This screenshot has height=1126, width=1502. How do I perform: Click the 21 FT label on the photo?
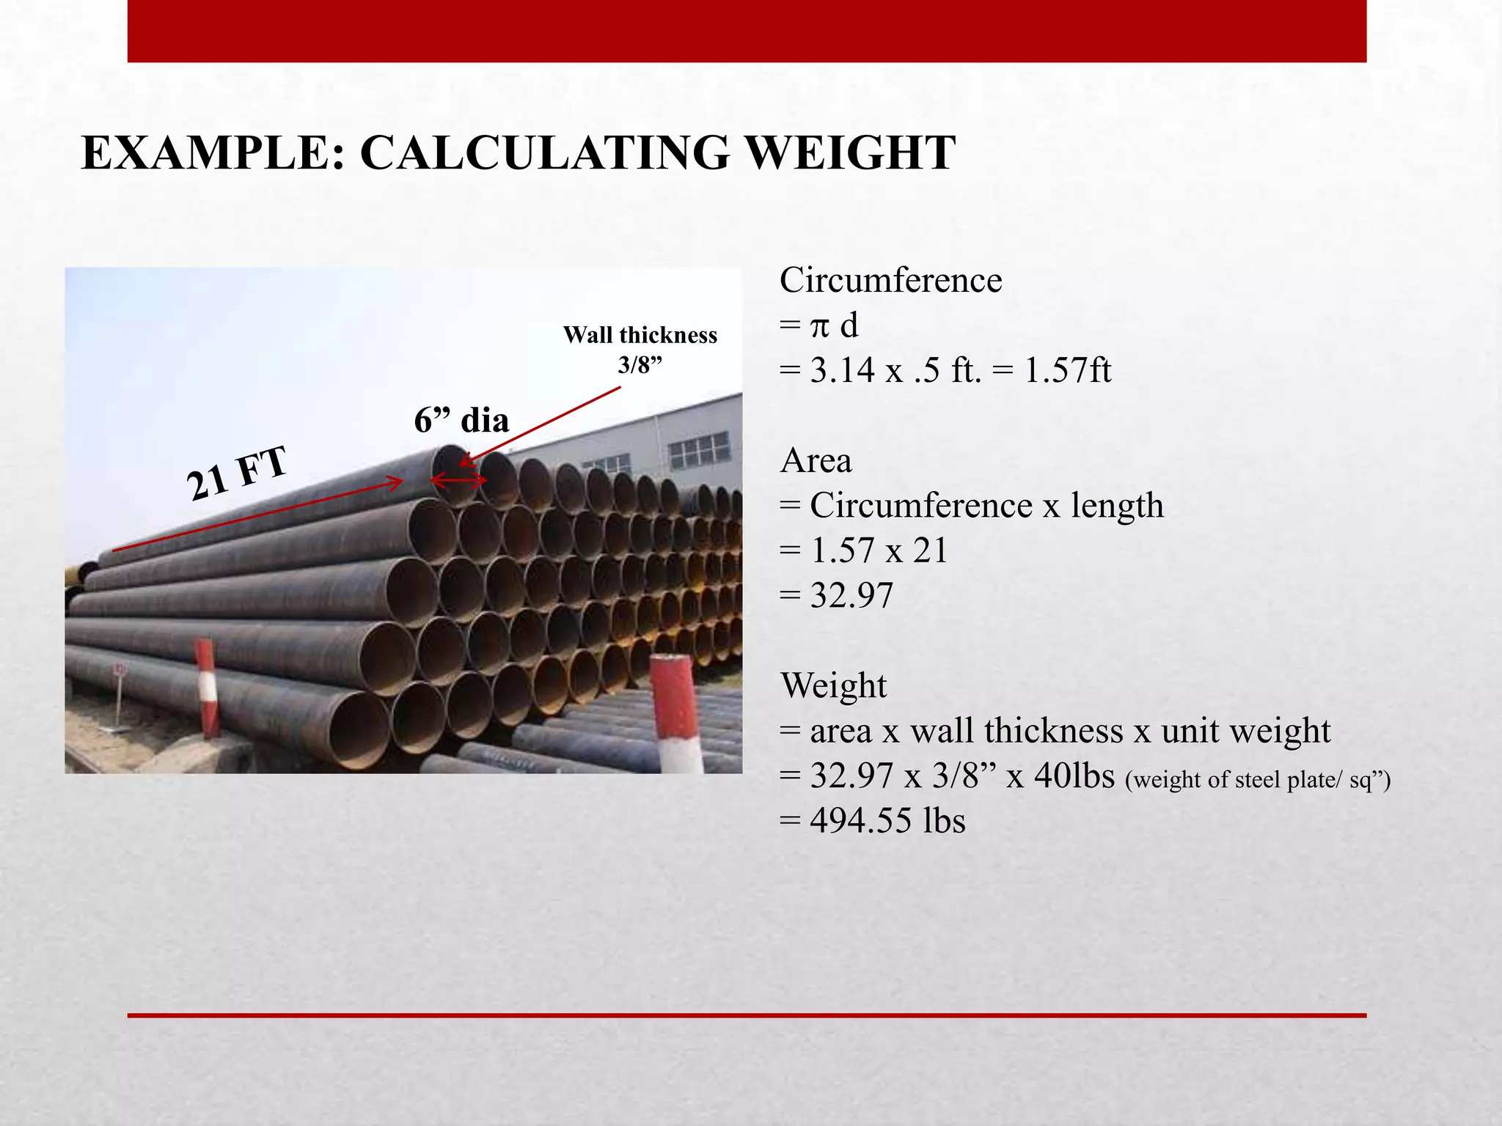(x=236, y=474)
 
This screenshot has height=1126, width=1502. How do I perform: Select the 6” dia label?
(x=461, y=420)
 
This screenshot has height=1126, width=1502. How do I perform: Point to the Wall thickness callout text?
(x=640, y=335)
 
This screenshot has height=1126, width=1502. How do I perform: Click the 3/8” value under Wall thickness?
(x=640, y=364)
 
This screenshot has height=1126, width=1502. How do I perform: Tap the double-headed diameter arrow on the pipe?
(x=458, y=481)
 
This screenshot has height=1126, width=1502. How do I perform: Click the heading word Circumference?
(x=890, y=280)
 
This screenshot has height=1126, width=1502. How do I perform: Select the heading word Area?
(x=816, y=461)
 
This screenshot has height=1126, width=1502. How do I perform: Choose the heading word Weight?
(x=833, y=686)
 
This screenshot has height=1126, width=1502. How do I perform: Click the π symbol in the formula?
(x=818, y=325)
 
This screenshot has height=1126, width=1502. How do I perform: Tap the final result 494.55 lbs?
(x=887, y=820)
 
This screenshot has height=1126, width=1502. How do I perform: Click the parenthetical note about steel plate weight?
(x=1257, y=779)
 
